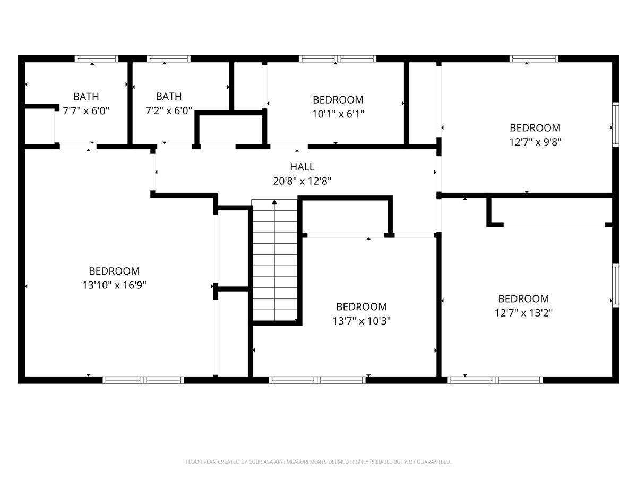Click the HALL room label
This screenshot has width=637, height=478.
click(x=302, y=167)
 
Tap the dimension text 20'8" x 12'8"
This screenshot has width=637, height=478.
click(x=302, y=181)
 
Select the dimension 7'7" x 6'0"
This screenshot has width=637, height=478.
click(x=86, y=110)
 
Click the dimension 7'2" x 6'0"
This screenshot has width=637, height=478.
click(x=169, y=110)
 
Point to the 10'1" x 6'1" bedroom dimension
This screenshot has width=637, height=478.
click(x=338, y=114)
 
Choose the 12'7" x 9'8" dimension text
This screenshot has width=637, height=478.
click(x=535, y=142)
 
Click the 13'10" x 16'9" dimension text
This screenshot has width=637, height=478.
click(x=114, y=285)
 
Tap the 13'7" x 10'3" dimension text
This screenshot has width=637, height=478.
click(x=361, y=321)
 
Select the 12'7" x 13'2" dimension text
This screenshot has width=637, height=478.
click(x=523, y=313)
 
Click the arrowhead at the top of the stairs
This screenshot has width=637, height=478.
click(x=274, y=202)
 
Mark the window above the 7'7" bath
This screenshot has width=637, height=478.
click(x=97, y=58)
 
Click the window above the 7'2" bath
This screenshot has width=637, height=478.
click(x=169, y=58)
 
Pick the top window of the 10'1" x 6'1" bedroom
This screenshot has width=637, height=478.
click(x=338, y=58)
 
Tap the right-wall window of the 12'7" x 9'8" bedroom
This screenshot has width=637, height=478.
click(x=616, y=124)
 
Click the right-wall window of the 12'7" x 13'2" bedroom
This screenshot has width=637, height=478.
click(x=616, y=285)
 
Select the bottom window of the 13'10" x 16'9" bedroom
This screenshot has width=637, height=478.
click(x=143, y=380)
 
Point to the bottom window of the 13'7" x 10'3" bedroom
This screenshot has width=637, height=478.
click(x=317, y=380)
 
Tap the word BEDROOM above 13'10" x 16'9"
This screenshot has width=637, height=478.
click(x=114, y=271)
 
